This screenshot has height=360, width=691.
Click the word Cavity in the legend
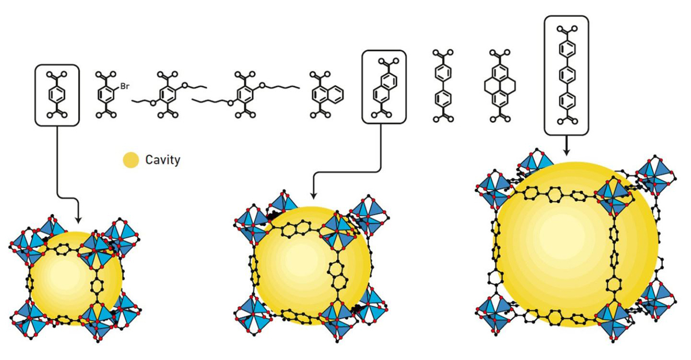point(162,160)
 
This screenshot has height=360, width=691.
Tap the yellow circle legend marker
point(131,160)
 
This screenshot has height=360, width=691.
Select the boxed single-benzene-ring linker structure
point(57,94)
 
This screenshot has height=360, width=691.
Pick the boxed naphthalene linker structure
point(384,86)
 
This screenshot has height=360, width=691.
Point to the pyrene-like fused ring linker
point(499,86)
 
